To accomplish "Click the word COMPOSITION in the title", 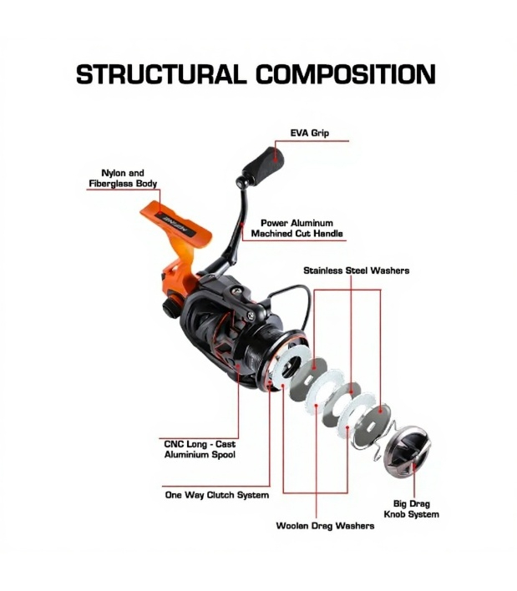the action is pyautogui.click(x=346, y=73).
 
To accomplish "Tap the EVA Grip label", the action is pyautogui.click(x=310, y=133).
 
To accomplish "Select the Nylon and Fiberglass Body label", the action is pyautogui.click(x=123, y=179).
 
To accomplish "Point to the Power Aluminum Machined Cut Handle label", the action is pyautogui.click(x=297, y=228).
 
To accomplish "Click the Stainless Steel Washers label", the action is pyautogui.click(x=357, y=270).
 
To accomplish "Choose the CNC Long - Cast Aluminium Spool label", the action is pyautogui.click(x=200, y=449).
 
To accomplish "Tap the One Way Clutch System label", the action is pyautogui.click(x=217, y=495).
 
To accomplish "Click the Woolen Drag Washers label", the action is pyautogui.click(x=325, y=526).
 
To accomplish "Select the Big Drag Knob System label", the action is pyautogui.click(x=412, y=509).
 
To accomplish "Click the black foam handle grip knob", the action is pyautogui.click(x=264, y=164).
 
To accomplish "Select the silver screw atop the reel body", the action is pyautogui.click(x=236, y=290).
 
